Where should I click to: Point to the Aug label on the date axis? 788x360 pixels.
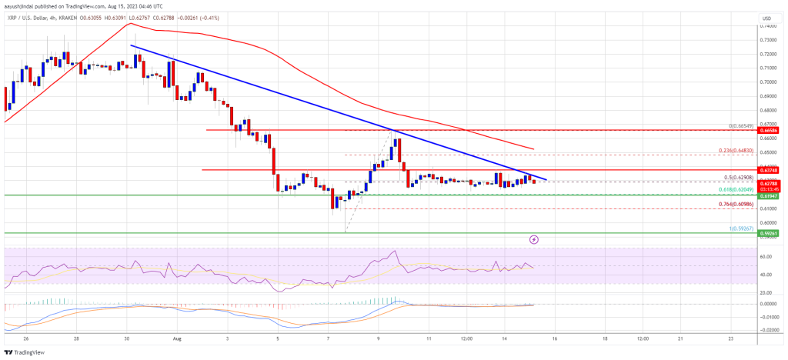click(179, 338)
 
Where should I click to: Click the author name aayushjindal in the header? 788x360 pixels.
click(22, 5)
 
